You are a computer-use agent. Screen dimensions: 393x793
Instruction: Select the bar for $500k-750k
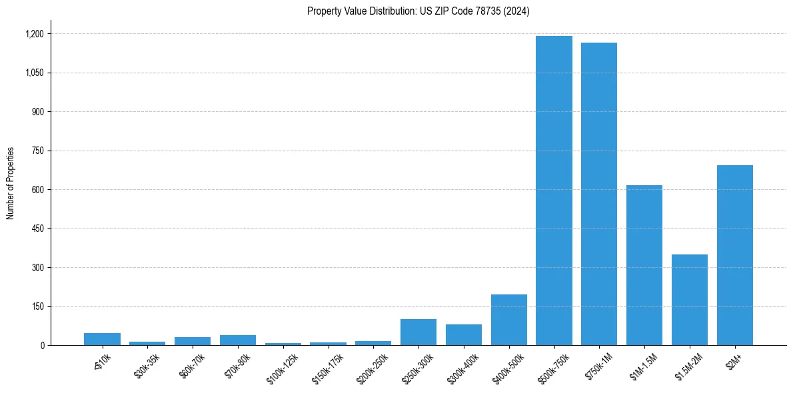coord(554,191)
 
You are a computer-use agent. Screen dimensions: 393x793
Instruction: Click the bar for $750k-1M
coord(599,194)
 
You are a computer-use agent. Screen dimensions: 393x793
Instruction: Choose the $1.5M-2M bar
coord(690,300)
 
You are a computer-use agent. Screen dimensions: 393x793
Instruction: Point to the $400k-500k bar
coord(509,320)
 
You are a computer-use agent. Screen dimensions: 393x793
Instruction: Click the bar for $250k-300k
coord(418,332)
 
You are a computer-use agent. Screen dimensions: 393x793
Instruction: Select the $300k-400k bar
coord(464,334)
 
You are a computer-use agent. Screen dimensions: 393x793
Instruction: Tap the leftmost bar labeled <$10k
coord(102,339)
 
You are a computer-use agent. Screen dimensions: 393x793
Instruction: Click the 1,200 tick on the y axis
coord(34,34)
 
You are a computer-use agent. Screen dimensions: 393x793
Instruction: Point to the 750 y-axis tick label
coord(37,151)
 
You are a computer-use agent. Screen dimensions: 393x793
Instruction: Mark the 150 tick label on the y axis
coord(37,306)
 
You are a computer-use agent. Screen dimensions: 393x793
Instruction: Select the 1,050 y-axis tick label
coord(34,73)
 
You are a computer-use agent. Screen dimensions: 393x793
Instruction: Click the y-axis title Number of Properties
coord(11,183)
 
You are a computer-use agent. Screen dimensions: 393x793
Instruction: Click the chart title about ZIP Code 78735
coord(418,11)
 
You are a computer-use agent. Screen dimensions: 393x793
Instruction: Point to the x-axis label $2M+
coord(734,360)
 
